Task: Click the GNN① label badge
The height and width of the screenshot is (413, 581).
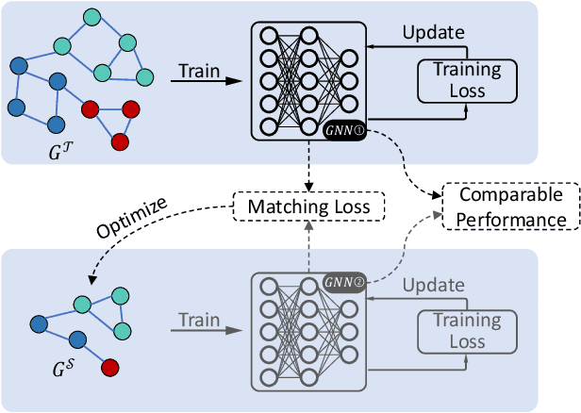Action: (344, 130)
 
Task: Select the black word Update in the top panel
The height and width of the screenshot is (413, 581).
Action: (433, 31)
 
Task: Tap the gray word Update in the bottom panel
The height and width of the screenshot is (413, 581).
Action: (433, 284)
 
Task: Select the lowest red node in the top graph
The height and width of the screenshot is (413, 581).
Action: (120, 142)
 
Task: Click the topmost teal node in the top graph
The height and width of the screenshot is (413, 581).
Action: (91, 16)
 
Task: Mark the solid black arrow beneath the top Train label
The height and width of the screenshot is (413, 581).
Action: (205, 82)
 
